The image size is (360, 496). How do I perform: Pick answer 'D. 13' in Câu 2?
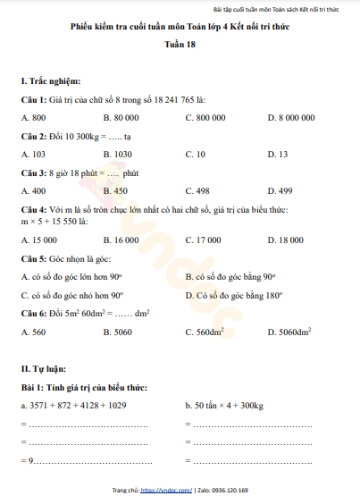point(277,154)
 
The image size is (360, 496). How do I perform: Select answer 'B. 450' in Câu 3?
point(115,190)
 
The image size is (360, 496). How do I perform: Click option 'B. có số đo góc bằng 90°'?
point(230,276)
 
